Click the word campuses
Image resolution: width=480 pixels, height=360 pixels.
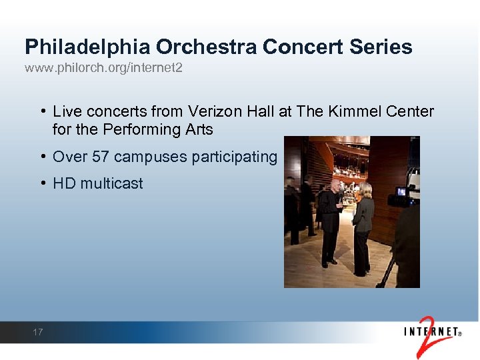(150, 157)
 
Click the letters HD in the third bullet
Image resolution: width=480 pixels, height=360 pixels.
(64, 183)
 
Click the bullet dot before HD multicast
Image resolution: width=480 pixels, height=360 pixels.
(42, 183)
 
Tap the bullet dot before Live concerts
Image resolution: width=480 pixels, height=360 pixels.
(42, 111)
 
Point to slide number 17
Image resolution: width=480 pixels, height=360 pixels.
(37, 331)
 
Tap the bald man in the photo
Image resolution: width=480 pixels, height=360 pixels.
(329, 220)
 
